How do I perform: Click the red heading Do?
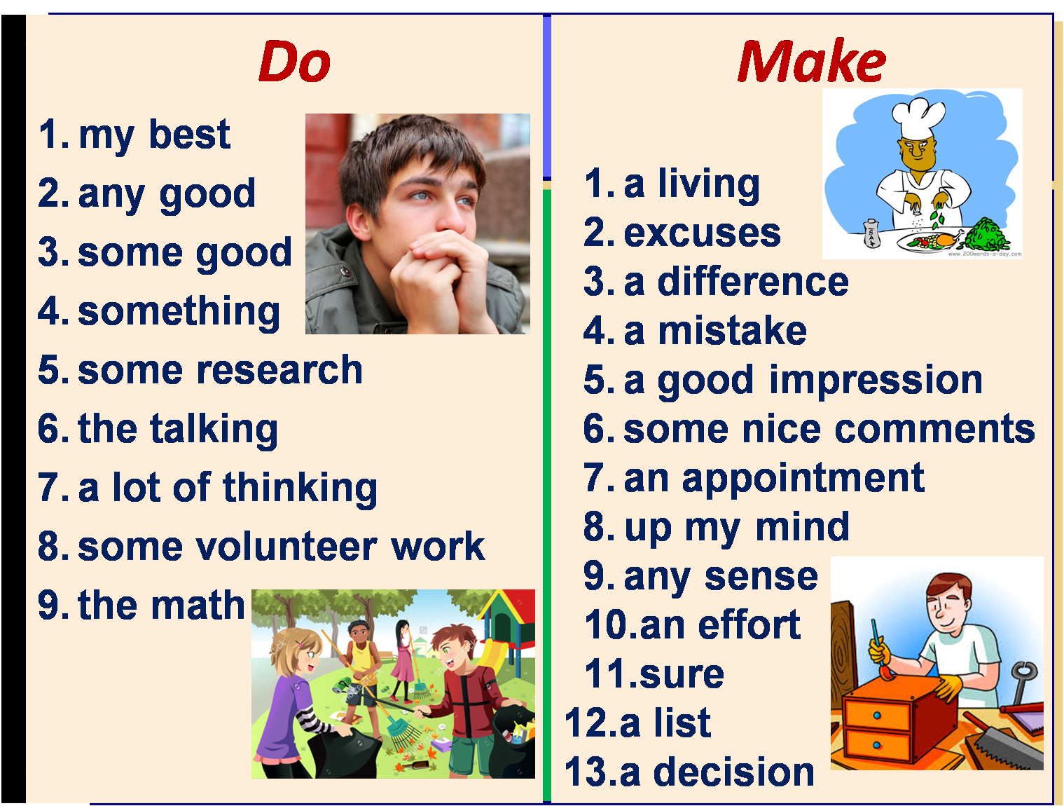294,62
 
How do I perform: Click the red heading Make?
811,62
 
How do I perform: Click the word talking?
214,429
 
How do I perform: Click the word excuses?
702,233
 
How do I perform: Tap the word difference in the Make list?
753,282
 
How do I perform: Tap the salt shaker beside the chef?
871,233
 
